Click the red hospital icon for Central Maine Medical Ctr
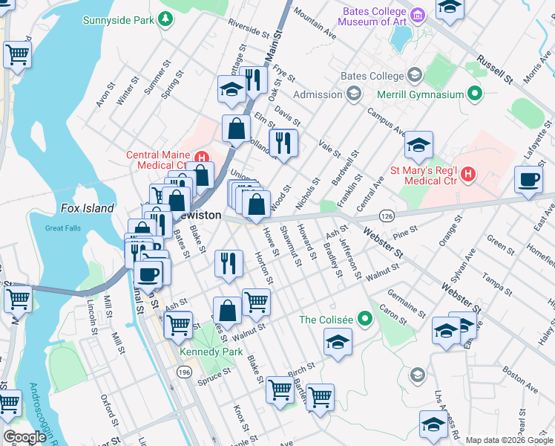[200, 157]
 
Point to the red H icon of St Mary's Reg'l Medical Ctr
[467, 175]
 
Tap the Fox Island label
[88, 209]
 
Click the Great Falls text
[62, 228]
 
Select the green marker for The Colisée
[364, 320]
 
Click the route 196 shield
[183, 371]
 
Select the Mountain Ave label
[315, 25]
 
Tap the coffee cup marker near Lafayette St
[529, 180]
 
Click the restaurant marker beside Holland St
[283, 143]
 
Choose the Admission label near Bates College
[318, 94]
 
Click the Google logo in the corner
[24, 437]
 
